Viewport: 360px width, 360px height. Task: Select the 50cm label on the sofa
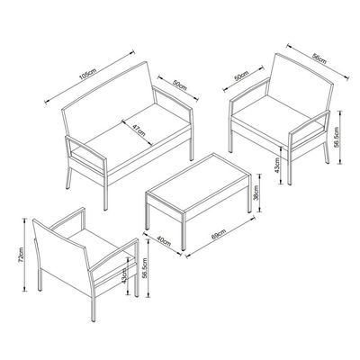[x=180, y=86]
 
